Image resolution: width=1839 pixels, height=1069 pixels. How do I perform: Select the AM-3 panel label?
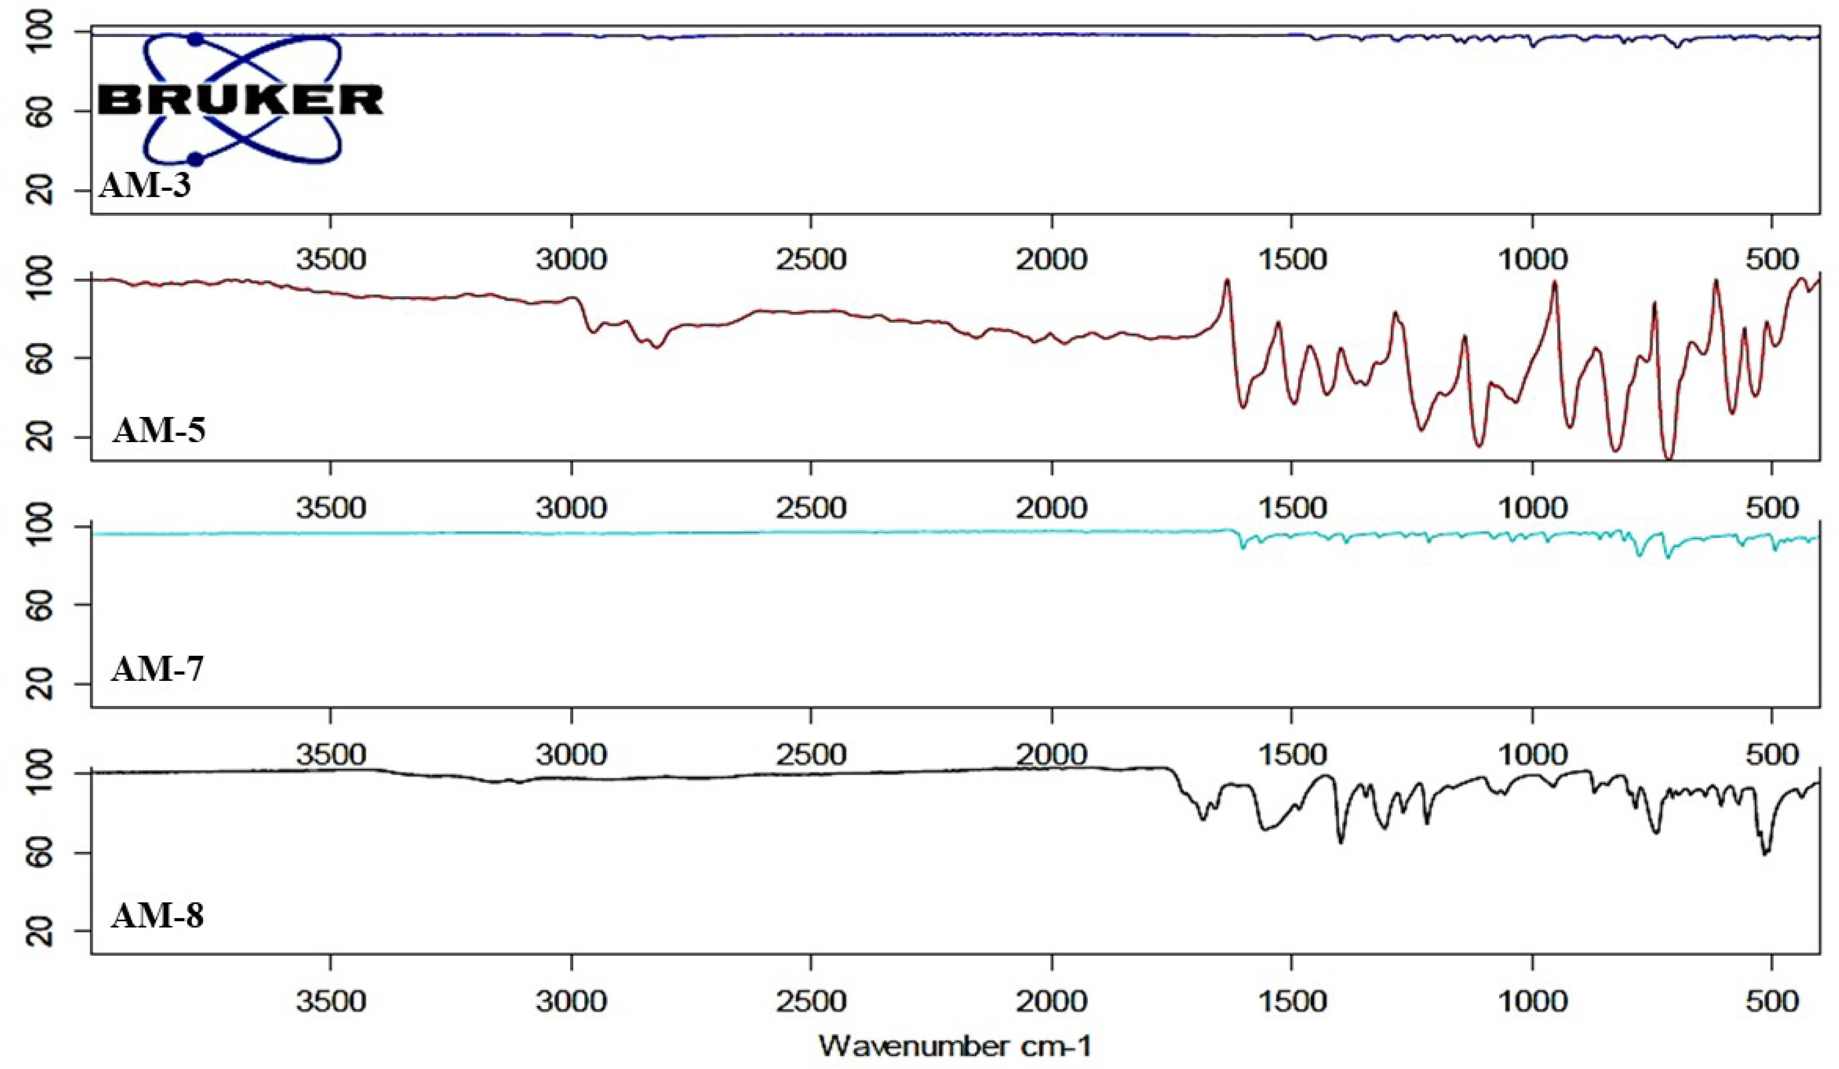145,186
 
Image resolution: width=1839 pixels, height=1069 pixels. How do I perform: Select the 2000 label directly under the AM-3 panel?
1052,259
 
